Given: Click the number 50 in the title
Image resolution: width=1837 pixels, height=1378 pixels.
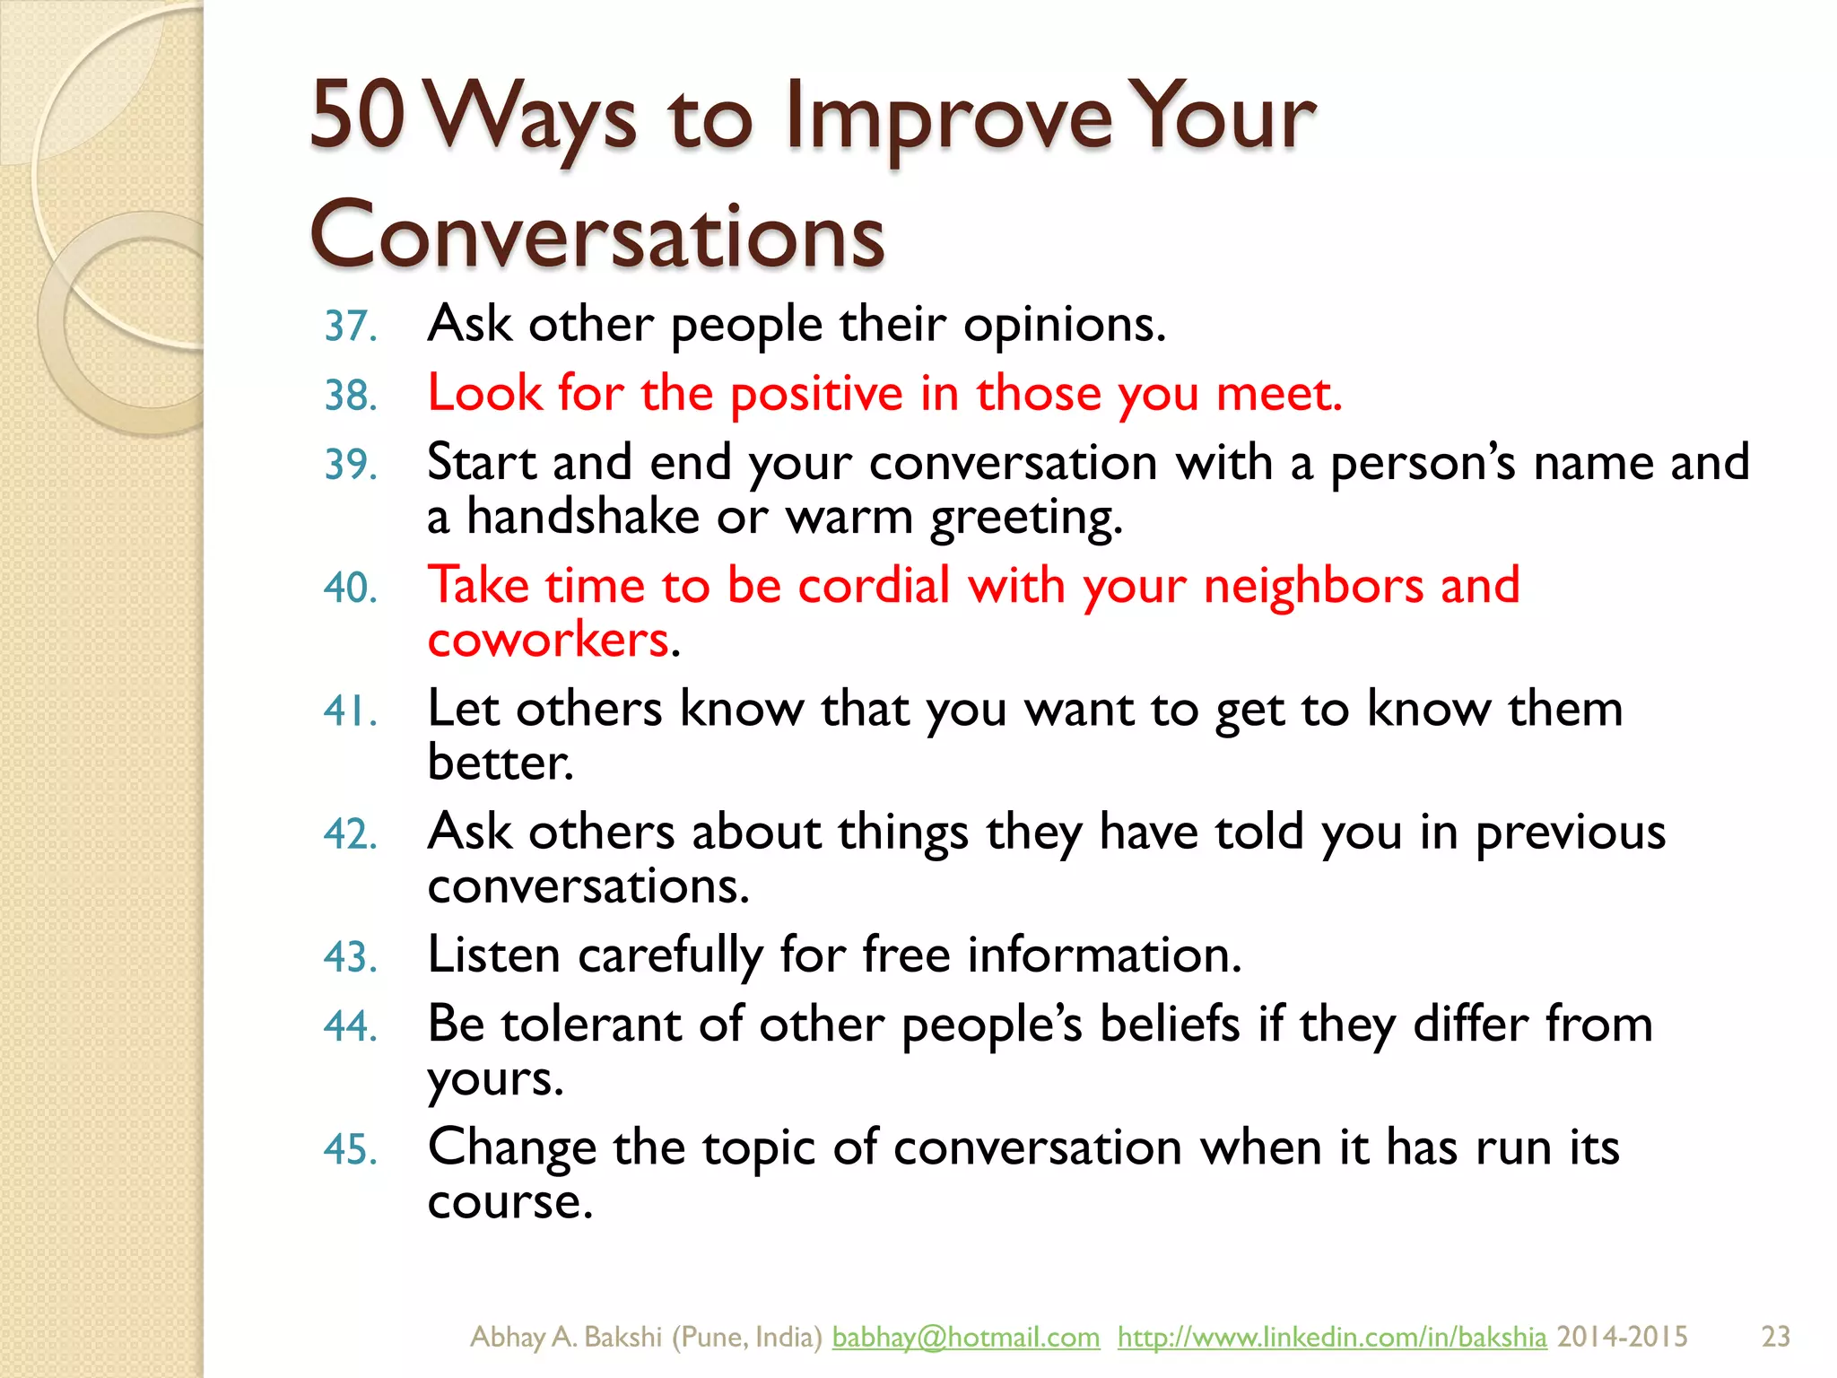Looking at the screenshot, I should tap(358, 114).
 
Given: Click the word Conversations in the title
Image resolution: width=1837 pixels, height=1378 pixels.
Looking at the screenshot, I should tap(597, 234).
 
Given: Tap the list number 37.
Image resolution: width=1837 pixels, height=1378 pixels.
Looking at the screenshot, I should tap(350, 327).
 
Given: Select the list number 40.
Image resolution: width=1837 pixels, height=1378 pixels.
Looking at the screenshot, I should tap(350, 589).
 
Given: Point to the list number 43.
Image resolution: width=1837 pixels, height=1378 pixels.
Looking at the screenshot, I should tap(350, 957).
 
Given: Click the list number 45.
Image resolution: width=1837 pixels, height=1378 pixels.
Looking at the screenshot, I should tap(350, 1150).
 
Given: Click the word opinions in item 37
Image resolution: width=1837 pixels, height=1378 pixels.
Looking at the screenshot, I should tap(1064, 325).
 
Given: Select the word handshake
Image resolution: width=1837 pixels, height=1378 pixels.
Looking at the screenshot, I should tap(583, 517).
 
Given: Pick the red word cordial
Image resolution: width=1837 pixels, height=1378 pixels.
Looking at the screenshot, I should tap(874, 586).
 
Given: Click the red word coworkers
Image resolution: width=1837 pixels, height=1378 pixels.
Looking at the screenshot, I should tap(548, 640).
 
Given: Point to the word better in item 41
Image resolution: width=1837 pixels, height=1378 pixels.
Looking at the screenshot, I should tap(499, 763).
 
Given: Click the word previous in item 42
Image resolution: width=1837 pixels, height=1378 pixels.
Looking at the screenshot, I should tap(1570, 833).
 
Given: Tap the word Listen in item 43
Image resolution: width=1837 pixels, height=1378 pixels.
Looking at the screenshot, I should tap(493, 955).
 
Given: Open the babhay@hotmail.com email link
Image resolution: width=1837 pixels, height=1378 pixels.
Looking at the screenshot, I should tap(965, 1337).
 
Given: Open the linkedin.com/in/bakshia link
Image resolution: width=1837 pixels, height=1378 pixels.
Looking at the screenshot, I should tap(1331, 1337).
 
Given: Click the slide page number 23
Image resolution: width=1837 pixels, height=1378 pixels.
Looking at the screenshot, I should tap(1775, 1337).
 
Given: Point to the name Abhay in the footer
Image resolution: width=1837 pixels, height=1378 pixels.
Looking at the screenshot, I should tap(507, 1337).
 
